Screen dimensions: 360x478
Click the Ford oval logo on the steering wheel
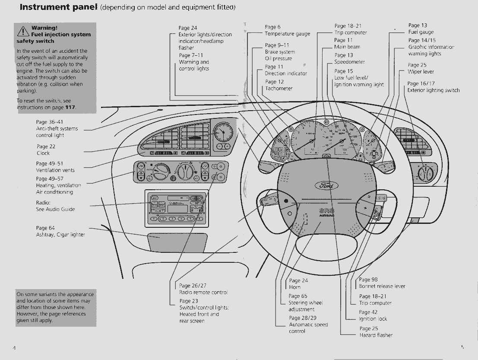[x=327, y=185]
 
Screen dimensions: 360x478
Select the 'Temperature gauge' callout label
[x=287, y=34]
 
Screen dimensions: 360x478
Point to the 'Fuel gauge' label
[x=421, y=32]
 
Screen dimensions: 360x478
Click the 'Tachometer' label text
[x=279, y=89]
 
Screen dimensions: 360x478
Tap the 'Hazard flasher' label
[x=376, y=335]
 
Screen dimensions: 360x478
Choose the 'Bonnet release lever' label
[x=382, y=286]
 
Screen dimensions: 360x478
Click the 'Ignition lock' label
[x=373, y=319]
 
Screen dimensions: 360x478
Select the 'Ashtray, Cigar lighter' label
[x=60, y=235]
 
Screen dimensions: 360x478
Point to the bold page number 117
[x=70, y=107]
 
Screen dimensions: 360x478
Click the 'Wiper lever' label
[x=421, y=72]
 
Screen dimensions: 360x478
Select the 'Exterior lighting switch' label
[x=433, y=90]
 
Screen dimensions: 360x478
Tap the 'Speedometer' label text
[x=349, y=62]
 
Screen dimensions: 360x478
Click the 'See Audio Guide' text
[x=55, y=209]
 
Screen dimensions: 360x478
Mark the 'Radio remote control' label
[x=203, y=292]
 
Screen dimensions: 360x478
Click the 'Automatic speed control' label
[x=308, y=328]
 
